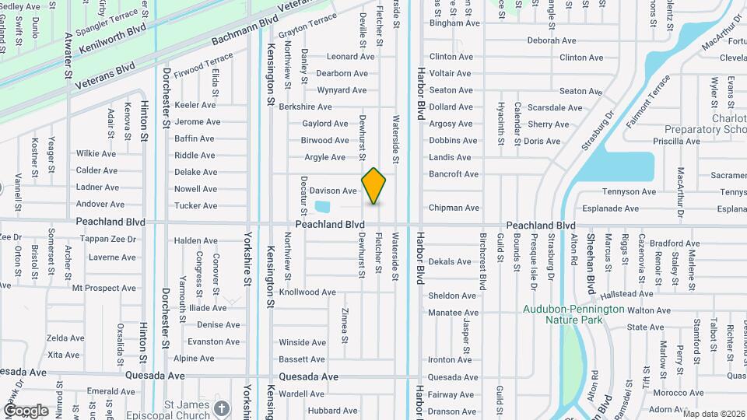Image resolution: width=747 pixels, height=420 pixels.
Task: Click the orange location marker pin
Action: click(x=374, y=185)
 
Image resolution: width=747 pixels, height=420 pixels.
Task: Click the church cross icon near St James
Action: click(x=222, y=408)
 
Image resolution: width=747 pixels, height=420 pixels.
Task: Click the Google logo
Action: click(x=26, y=411)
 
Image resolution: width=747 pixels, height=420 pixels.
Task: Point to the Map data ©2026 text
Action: click(x=714, y=414)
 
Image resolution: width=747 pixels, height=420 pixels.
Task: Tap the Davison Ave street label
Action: click(x=333, y=191)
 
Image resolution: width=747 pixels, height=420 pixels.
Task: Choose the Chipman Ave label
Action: click(x=454, y=208)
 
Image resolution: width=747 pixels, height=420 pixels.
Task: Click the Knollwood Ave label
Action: click(x=307, y=292)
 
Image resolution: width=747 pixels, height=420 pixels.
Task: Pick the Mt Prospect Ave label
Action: click(x=104, y=288)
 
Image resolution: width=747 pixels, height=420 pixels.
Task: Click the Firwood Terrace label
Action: click(x=204, y=66)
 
